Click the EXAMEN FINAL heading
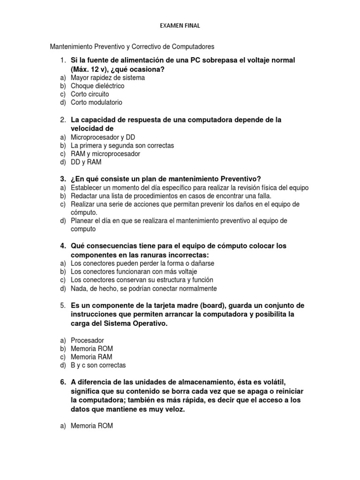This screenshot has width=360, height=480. point(180,26)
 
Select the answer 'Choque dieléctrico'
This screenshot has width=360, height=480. point(97,86)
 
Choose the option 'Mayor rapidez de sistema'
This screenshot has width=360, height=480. point(107,77)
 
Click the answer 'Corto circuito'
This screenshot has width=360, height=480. point(90,94)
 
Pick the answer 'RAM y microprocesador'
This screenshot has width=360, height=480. point(105,154)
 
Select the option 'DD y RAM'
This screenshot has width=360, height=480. point(86,162)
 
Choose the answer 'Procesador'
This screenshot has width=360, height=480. point(87,340)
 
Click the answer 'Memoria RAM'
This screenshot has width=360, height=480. point(91,357)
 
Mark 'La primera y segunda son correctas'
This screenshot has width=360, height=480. point(122,145)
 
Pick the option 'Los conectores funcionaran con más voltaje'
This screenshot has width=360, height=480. point(134,271)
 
